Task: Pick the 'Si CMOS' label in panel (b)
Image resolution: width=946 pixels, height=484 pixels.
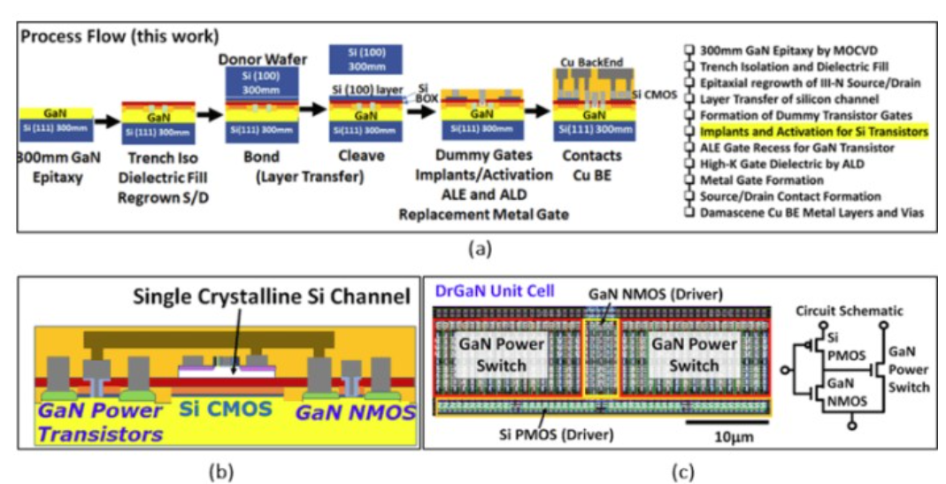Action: [220, 411]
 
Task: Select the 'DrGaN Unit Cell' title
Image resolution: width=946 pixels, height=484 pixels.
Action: [482, 291]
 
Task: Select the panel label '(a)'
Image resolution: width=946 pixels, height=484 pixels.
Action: [479, 250]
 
